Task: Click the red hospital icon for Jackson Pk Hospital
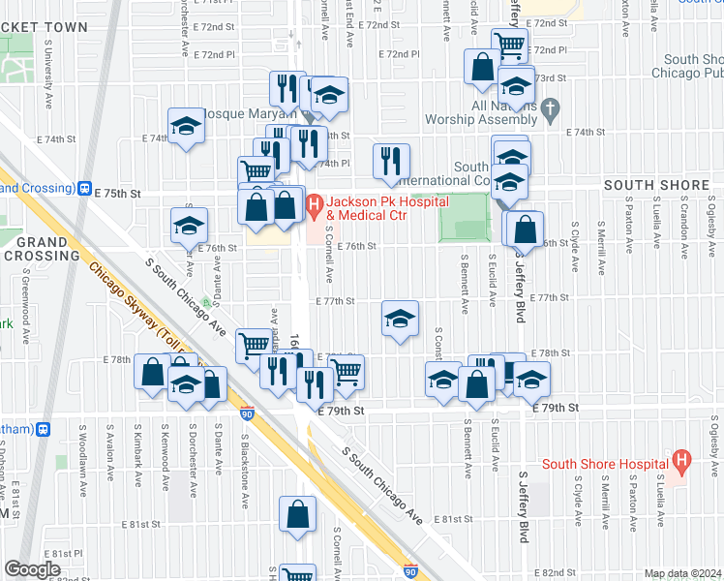tap(314, 205)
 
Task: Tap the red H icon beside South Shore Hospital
tap(681, 462)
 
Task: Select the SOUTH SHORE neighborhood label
tap(649, 185)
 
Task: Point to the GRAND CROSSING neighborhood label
tap(41, 248)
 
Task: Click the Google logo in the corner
tap(32, 568)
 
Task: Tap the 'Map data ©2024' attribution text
tap(681, 573)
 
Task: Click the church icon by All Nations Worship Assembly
tap(551, 107)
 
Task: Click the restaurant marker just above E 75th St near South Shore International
tap(391, 161)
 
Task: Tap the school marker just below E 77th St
tap(399, 320)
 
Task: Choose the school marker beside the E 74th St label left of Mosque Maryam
tap(186, 127)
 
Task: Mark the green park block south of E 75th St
tap(465, 217)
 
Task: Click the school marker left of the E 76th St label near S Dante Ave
tap(189, 226)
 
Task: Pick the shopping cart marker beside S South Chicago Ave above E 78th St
tap(254, 345)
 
